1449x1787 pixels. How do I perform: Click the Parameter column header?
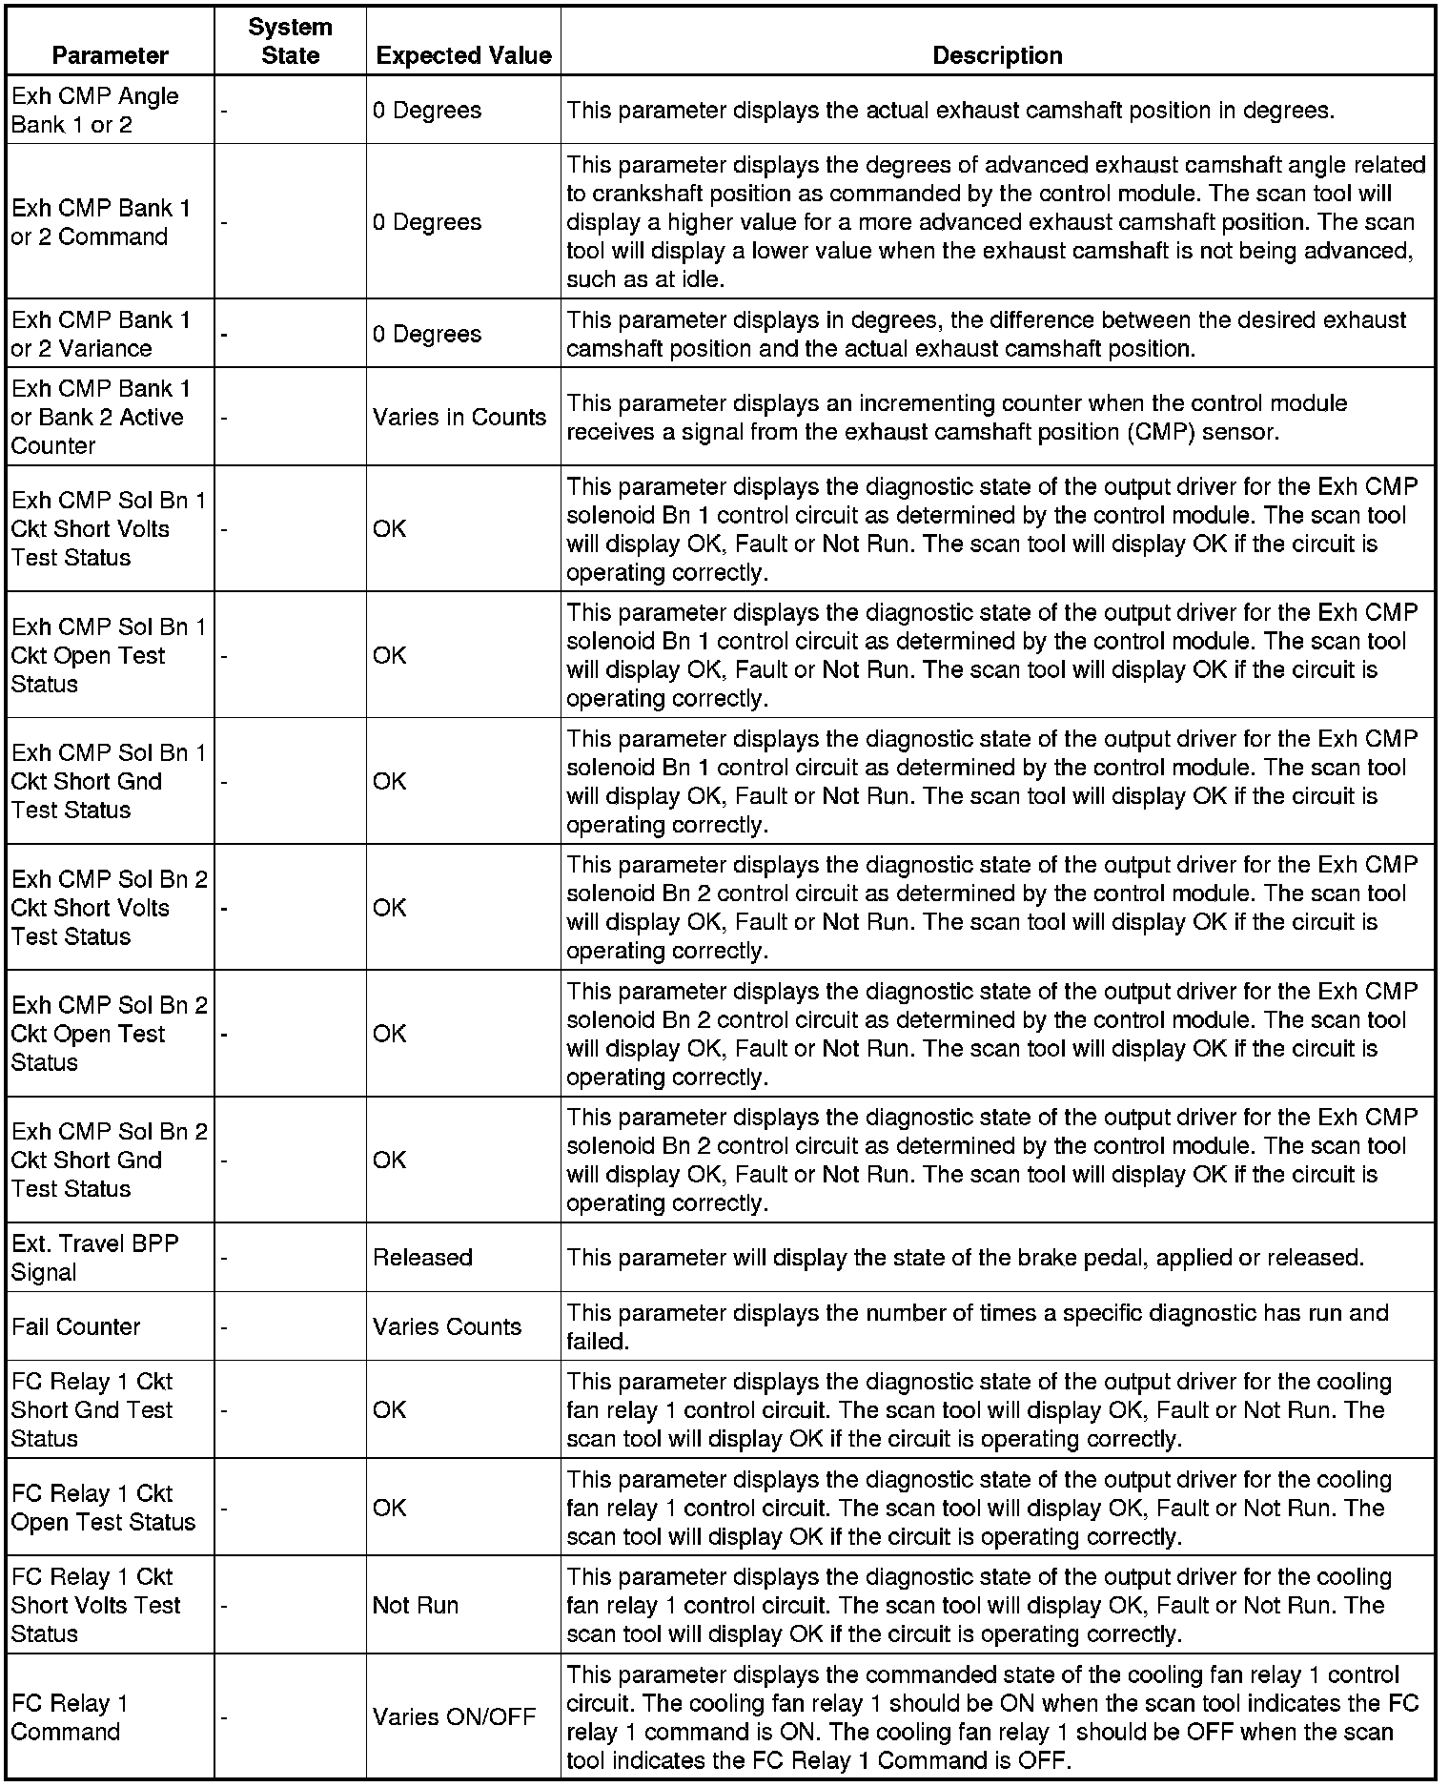(110, 55)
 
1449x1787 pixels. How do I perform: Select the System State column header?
(290, 41)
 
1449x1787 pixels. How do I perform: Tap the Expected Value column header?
(463, 55)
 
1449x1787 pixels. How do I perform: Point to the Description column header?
(997, 55)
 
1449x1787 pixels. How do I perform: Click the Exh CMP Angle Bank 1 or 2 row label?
(94, 111)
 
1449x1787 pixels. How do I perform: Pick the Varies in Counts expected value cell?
(459, 417)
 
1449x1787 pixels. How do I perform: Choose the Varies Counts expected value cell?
(447, 1326)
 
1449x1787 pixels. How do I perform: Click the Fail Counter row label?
(76, 1326)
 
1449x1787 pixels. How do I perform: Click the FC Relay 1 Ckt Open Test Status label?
(103, 1508)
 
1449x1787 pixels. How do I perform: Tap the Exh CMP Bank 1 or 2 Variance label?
(100, 334)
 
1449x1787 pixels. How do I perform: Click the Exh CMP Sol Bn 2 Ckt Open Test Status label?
(109, 1034)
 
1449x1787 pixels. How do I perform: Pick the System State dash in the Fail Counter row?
(224, 1326)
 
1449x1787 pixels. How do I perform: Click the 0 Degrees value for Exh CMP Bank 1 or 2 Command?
(427, 222)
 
